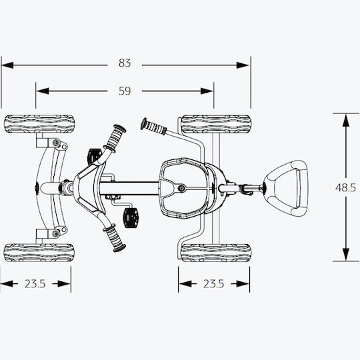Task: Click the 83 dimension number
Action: point(125,63)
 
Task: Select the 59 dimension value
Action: point(125,91)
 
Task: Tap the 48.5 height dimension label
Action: point(345,188)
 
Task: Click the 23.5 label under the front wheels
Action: point(35,284)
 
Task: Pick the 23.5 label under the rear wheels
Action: point(213,284)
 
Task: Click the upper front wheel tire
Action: point(39,124)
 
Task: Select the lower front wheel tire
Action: point(39,253)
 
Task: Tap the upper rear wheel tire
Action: point(216,124)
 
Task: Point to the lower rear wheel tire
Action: point(216,253)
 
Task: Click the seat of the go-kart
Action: point(184,188)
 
